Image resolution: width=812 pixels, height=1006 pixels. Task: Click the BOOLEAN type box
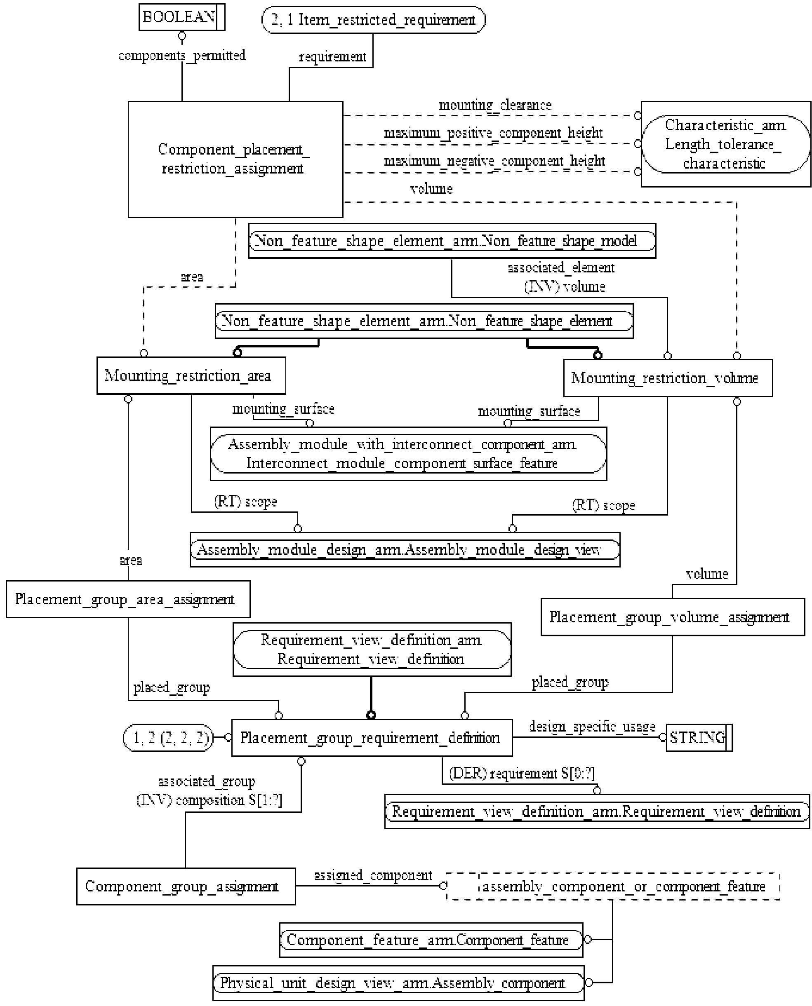181,17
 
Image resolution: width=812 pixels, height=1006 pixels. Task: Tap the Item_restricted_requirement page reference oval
373,20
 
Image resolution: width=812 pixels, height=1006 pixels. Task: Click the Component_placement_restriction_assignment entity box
235,159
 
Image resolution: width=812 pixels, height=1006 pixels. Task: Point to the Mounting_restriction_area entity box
191,376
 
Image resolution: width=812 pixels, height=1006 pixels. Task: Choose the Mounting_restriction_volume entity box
668,378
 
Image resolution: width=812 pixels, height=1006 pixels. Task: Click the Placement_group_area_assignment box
128,599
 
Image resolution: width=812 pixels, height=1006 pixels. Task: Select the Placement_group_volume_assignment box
673,617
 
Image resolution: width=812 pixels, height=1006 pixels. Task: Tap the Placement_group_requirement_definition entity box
372,738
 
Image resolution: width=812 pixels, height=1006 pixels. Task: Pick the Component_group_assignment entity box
186,886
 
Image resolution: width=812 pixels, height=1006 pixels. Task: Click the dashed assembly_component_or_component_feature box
613,886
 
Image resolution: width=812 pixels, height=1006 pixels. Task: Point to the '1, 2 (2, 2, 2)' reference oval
168,738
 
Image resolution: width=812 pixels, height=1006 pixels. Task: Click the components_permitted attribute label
182,56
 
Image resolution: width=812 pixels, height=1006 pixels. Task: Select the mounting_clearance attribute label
495,105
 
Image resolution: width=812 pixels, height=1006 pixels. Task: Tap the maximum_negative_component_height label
494,161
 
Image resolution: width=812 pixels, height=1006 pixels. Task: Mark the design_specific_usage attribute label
592,727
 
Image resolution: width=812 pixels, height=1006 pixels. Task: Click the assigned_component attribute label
373,875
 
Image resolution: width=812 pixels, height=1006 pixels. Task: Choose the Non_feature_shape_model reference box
452,241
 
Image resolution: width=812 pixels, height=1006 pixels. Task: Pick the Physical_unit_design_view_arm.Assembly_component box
398,983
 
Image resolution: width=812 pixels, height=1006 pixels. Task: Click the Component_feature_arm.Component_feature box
431,940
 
